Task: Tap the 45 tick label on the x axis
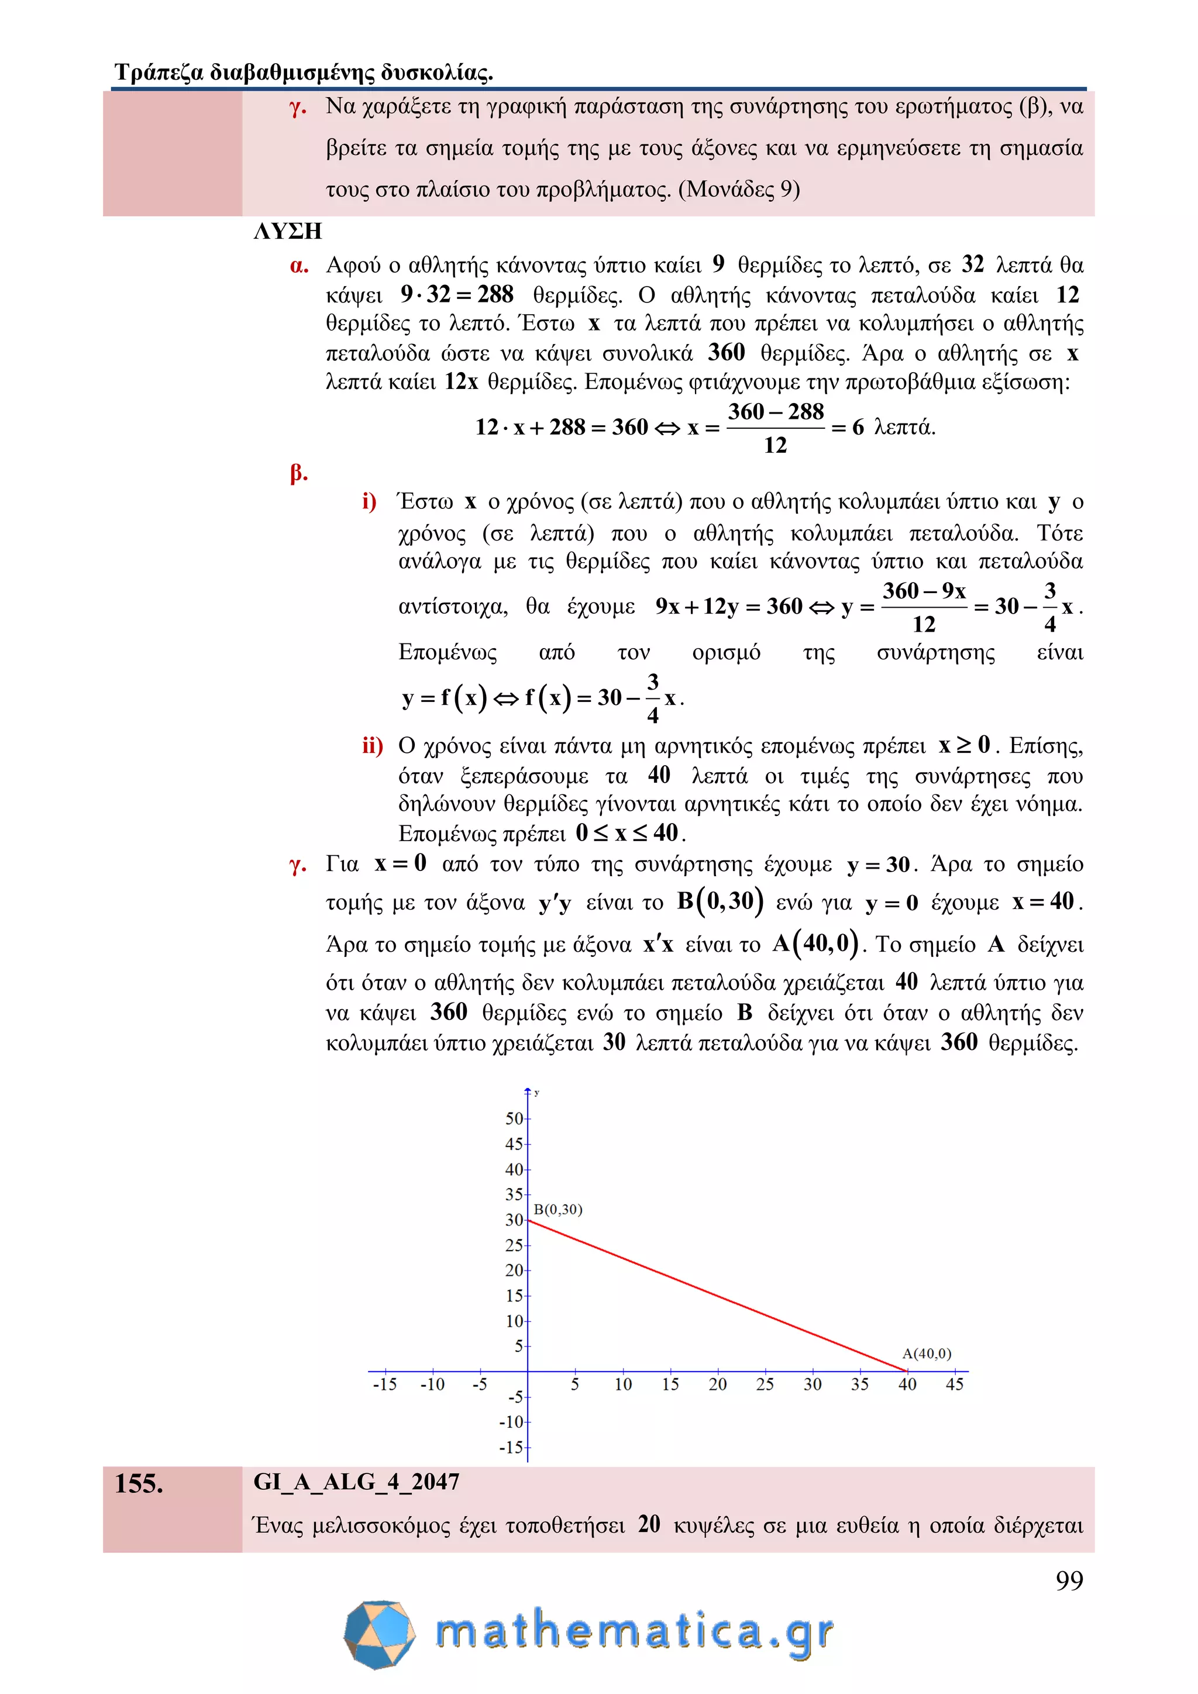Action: [954, 1384]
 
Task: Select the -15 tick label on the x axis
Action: [384, 1384]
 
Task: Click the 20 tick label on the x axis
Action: [717, 1384]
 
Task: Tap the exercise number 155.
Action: [139, 1484]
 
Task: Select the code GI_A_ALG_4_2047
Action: [356, 1482]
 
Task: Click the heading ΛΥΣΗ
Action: [288, 232]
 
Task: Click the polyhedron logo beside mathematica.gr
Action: [379, 1634]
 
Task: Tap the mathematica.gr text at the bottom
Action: [635, 1632]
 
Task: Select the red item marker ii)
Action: [373, 746]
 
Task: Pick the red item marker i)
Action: [369, 502]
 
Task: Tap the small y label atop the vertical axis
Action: [536, 1093]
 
